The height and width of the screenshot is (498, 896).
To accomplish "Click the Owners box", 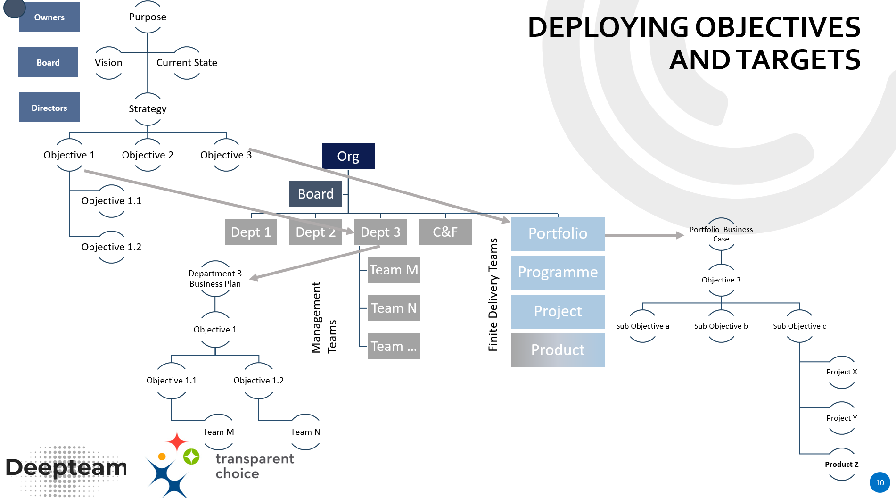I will pyautogui.click(x=49, y=17).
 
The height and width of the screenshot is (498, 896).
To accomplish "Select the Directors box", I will pyautogui.click(x=49, y=108).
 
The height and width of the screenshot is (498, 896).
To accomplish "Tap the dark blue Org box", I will pyautogui.click(x=348, y=156).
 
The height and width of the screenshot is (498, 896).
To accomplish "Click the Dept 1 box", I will pyautogui.click(x=251, y=232).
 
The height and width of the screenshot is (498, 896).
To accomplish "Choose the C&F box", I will pyautogui.click(x=445, y=232).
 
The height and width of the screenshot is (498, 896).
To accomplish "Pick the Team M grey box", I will pyautogui.click(x=394, y=270).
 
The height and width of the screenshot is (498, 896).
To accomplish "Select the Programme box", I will pyautogui.click(x=558, y=273).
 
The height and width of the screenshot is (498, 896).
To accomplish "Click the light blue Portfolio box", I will pyautogui.click(x=558, y=233).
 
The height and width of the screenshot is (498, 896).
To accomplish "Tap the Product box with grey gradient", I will pyautogui.click(x=558, y=350).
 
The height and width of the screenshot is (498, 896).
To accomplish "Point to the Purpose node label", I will pyautogui.click(x=148, y=17).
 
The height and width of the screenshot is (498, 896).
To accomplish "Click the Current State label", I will pyautogui.click(x=187, y=63).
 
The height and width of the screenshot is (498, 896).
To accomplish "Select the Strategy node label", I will pyautogui.click(x=148, y=109).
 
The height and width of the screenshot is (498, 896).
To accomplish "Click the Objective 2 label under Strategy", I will pyautogui.click(x=148, y=155).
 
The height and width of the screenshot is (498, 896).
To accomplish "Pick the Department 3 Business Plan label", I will pyautogui.click(x=215, y=279).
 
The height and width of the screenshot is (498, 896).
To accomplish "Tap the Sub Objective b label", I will pyautogui.click(x=721, y=326).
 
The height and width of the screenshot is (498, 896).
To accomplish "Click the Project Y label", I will pyautogui.click(x=841, y=418).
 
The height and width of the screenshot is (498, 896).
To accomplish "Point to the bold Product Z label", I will pyautogui.click(x=841, y=465).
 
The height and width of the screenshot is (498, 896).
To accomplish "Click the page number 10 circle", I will pyautogui.click(x=880, y=482).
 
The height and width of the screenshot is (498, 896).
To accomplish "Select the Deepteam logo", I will pyautogui.click(x=66, y=468).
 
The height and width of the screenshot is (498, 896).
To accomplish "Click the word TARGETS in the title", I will pyautogui.click(x=798, y=60).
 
